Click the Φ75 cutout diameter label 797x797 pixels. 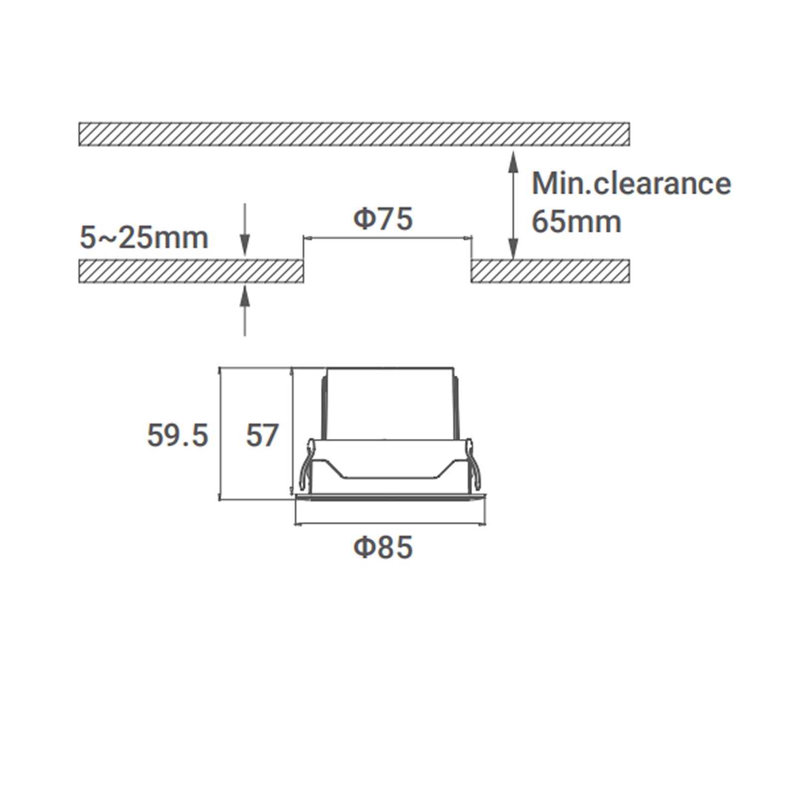coord(383,219)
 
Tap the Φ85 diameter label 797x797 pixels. coord(383,547)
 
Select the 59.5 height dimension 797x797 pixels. coord(177,435)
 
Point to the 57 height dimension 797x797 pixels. coord(262,435)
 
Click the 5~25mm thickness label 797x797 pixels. coord(144,238)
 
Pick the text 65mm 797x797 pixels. coord(576,221)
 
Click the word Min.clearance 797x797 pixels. coord(631,183)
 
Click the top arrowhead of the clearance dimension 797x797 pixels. coord(513,162)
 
